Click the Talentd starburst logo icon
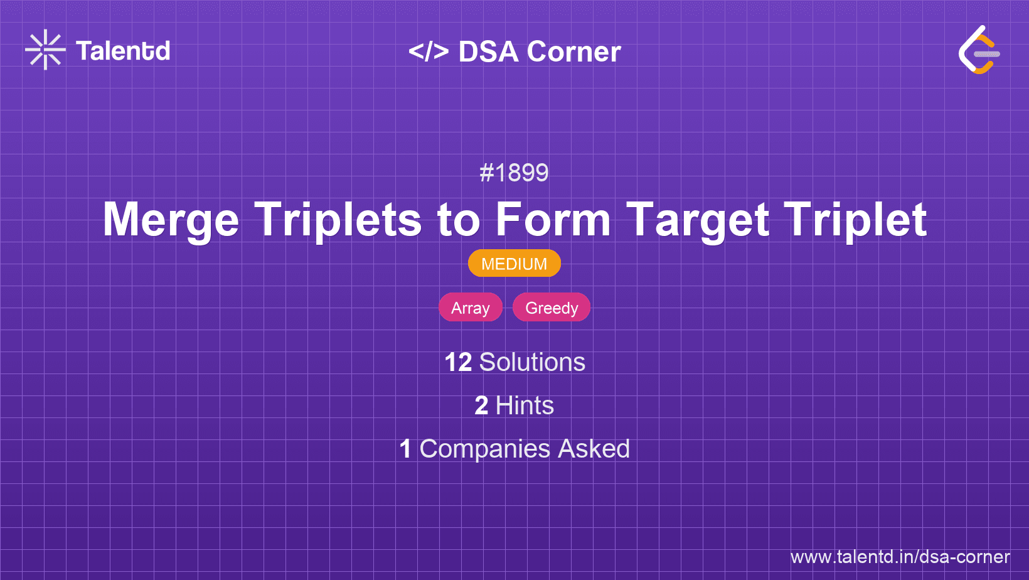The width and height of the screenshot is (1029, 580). pyautogui.click(x=45, y=50)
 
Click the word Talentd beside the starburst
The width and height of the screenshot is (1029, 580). pyautogui.click(x=123, y=51)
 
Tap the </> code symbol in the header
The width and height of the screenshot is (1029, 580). pyautogui.click(x=429, y=51)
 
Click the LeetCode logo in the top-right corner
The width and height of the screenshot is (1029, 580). pyautogui.click(x=979, y=50)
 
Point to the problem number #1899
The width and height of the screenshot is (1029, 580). pyautogui.click(x=514, y=173)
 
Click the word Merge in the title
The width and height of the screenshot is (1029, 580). pyautogui.click(x=171, y=220)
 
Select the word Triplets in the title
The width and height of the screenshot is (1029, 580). pyautogui.click(x=338, y=220)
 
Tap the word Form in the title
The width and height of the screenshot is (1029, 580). pyautogui.click(x=553, y=220)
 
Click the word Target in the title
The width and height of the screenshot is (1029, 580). pyautogui.click(x=698, y=220)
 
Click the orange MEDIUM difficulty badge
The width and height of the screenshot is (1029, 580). pyautogui.click(x=514, y=264)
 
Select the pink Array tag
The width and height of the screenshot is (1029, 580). pyautogui.click(x=470, y=308)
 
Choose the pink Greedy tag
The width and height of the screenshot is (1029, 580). pyautogui.click(x=552, y=308)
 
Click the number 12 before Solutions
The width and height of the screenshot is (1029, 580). pyautogui.click(x=458, y=362)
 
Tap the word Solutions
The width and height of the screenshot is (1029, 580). pyautogui.click(x=532, y=362)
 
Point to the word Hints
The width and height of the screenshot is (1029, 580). pyautogui.click(x=525, y=405)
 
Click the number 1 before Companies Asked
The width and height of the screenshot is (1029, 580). pyautogui.click(x=405, y=449)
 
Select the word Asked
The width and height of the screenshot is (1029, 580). pyautogui.click(x=594, y=449)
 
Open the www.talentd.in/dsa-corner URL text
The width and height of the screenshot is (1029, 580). pyautogui.click(x=900, y=557)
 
